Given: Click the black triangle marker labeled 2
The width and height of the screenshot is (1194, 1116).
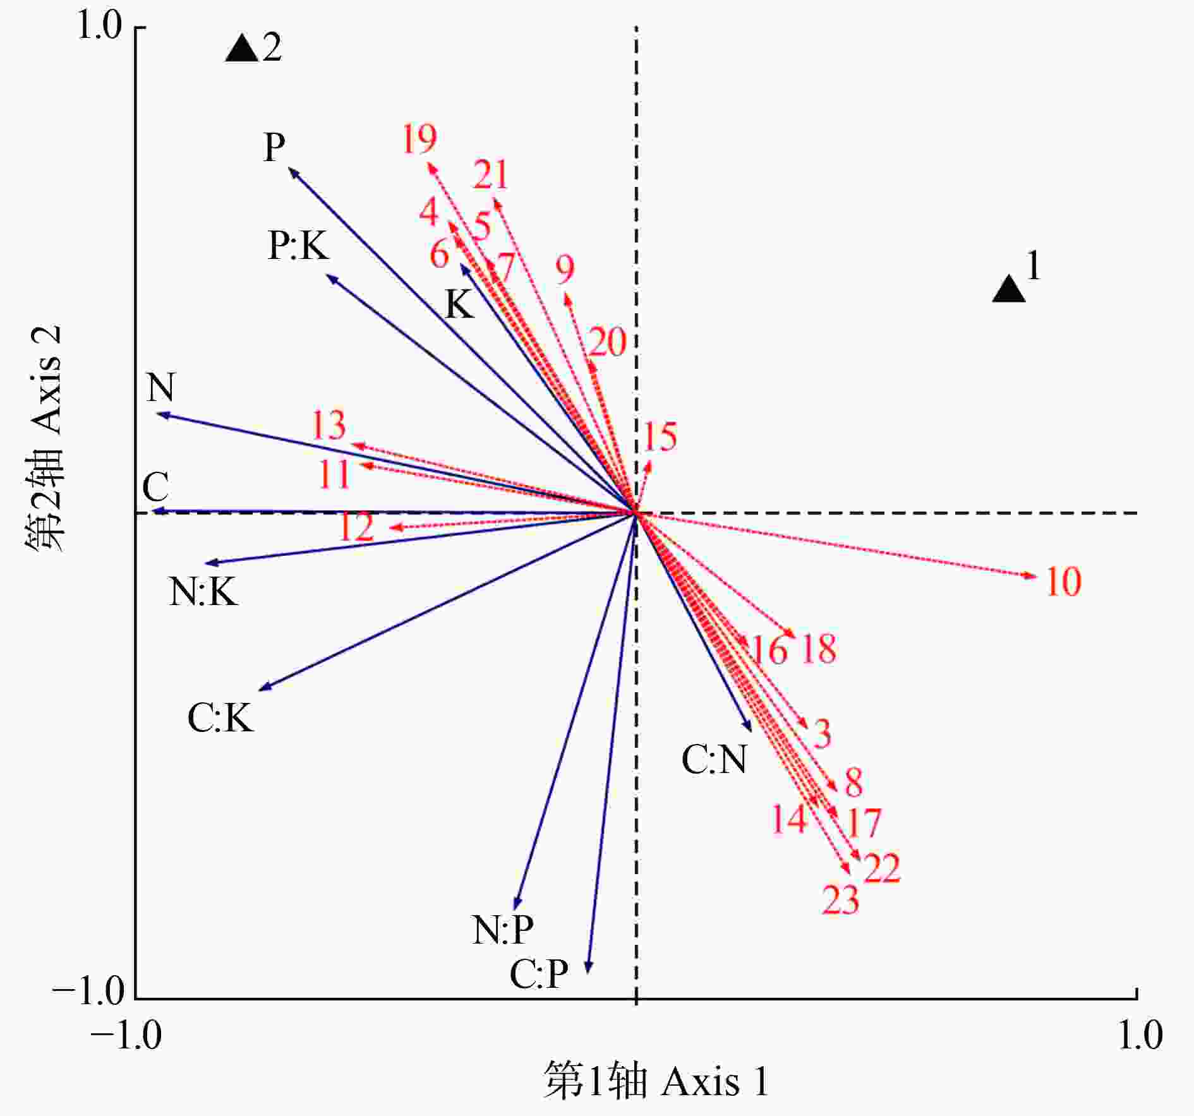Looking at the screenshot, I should click(x=241, y=49).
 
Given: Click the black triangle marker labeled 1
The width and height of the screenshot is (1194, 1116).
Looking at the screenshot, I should click(x=1008, y=290).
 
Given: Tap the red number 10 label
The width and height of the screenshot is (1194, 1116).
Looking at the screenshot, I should click(x=1063, y=582).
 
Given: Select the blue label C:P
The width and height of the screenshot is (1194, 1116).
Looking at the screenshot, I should click(x=539, y=975).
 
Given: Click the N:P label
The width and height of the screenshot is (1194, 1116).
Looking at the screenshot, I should click(x=503, y=930).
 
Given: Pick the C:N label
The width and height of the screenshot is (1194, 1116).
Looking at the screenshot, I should click(x=714, y=759).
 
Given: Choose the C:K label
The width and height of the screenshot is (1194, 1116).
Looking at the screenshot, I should click(x=220, y=718).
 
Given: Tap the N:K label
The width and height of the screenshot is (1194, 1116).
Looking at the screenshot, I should click(x=203, y=592).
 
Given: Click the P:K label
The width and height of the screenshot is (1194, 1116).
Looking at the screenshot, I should click(x=298, y=245).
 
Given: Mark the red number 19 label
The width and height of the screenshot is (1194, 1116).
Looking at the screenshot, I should click(x=419, y=139).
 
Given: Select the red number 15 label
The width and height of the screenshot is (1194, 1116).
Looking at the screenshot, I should click(x=660, y=436).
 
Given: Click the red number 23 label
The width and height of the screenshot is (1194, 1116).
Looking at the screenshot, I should click(x=840, y=900).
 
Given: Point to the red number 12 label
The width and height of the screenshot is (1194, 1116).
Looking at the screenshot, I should click(x=356, y=527).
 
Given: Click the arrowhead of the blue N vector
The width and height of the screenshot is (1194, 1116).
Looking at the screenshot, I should click(x=161, y=414).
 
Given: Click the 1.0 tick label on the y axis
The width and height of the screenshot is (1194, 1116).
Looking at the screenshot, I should click(x=99, y=27).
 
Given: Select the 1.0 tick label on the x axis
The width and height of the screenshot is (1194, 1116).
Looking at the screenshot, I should click(x=1140, y=1036).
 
